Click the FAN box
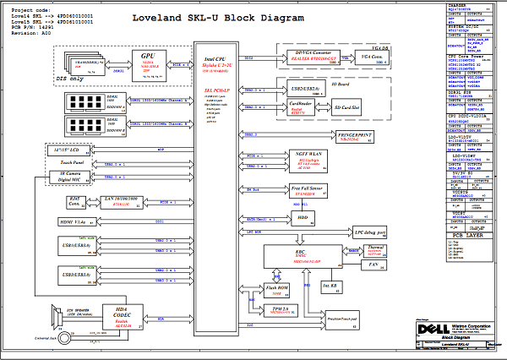point(373,265)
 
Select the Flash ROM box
point(280,290)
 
